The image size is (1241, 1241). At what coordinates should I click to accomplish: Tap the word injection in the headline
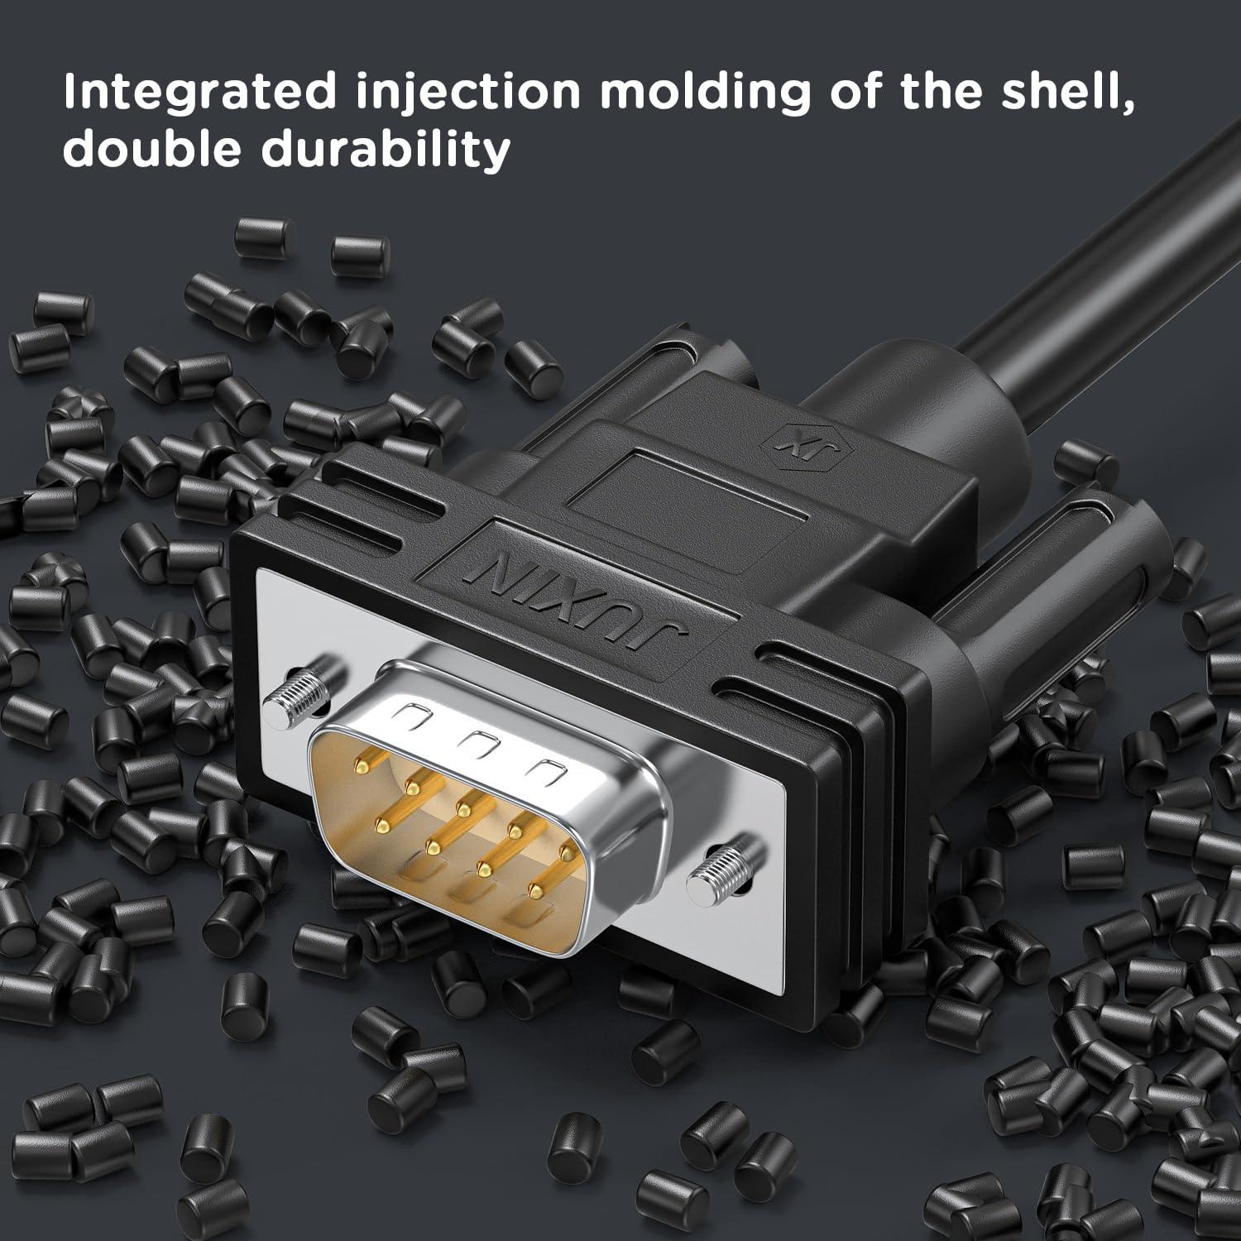pyautogui.click(x=468, y=92)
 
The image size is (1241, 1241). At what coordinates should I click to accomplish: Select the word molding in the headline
pyautogui.click(x=705, y=92)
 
